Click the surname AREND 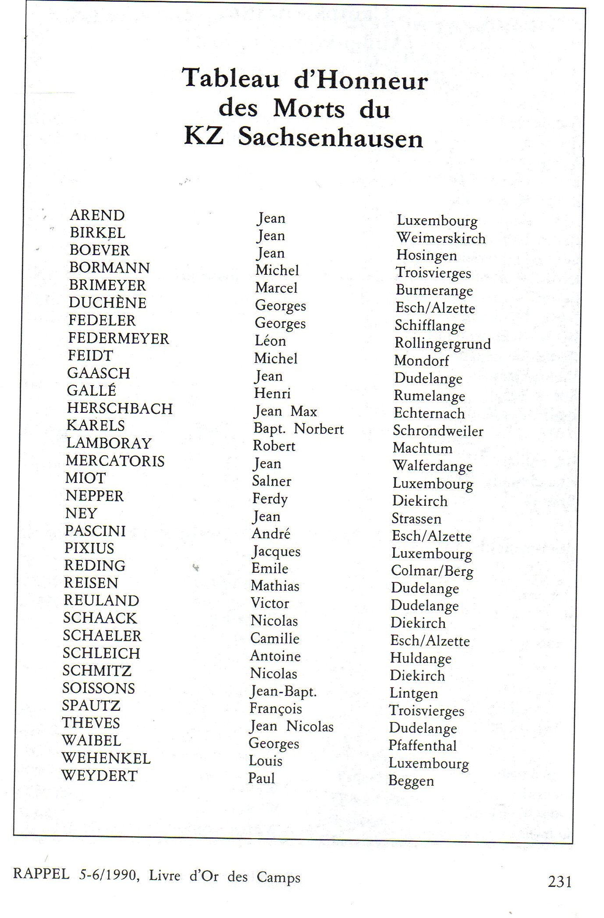point(97,215)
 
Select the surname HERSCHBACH point(120,408)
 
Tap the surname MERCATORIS point(115,461)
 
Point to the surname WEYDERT point(99,776)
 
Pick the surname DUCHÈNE point(107,303)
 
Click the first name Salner point(271,481)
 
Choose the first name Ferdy point(270,499)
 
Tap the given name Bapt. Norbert point(298,429)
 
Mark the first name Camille point(274,638)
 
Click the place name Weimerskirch point(441,238)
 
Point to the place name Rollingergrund point(442,344)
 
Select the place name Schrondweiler point(438,431)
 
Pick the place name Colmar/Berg point(432,571)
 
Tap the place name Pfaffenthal point(423,746)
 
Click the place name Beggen point(411,781)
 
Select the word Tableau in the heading point(231,79)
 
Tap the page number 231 point(559,881)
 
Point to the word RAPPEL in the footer point(41,874)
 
